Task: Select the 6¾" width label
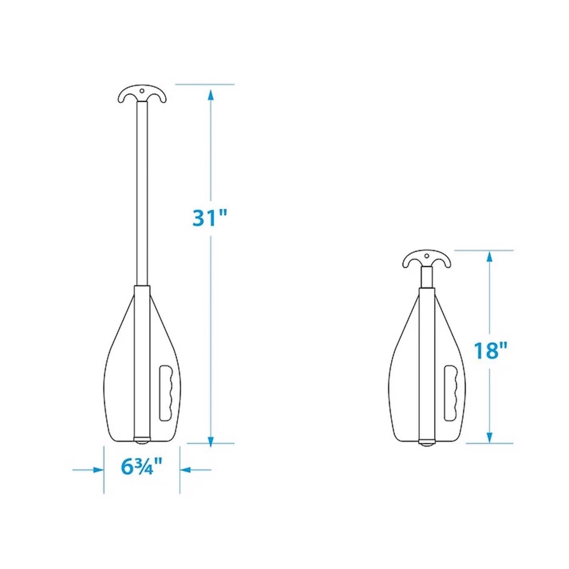(x=141, y=466)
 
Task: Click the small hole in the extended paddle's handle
(x=142, y=91)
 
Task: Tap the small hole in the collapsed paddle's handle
(x=427, y=256)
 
